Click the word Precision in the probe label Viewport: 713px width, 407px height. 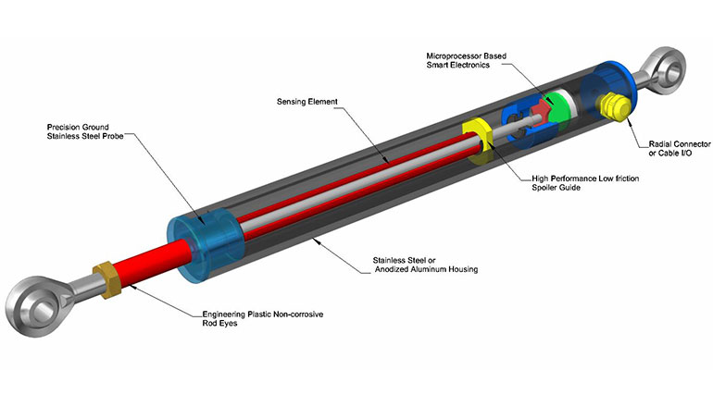[x=67, y=126]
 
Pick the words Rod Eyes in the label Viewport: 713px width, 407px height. [x=219, y=325]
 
